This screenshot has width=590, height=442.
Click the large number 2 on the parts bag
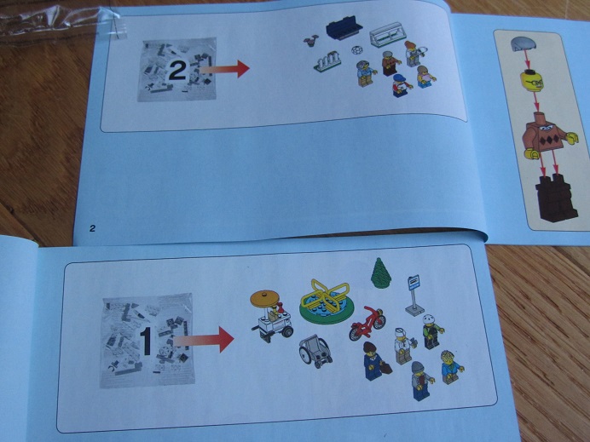click(x=177, y=70)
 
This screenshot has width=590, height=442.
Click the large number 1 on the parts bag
click(x=147, y=342)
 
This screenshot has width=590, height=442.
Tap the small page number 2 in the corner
click(x=92, y=227)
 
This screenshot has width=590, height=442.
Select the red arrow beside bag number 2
click(x=224, y=68)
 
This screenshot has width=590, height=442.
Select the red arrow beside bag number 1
click(x=204, y=340)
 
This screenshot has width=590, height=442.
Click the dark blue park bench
click(x=344, y=29)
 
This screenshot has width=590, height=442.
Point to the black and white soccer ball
click(x=356, y=49)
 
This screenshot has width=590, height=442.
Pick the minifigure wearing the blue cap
click(x=401, y=85)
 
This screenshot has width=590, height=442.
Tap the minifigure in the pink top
click(x=425, y=77)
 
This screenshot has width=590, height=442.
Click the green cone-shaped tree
click(x=382, y=273)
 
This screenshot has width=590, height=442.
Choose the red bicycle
click(x=367, y=323)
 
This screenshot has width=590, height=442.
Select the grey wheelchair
click(x=315, y=351)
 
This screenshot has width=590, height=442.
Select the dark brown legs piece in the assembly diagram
click(x=557, y=198)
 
